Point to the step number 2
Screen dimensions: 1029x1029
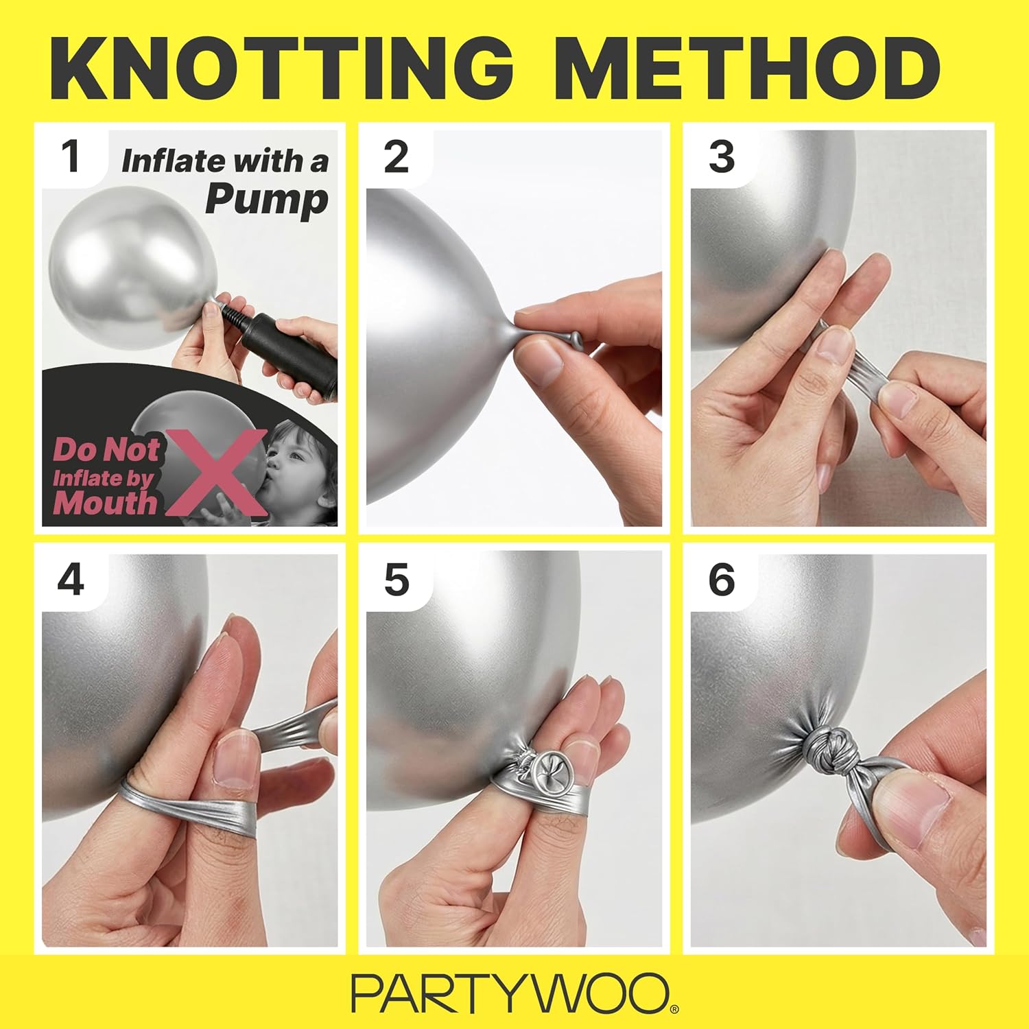[x=397, y=156]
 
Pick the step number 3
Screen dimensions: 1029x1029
[x=722, y=156]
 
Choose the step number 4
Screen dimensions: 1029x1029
[x=71, y=580]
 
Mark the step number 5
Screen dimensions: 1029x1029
[x=397, y=580]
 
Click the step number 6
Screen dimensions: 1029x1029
[x=722, y=580]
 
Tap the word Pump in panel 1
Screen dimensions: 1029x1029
[x=267, y=200]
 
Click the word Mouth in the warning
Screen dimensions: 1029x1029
[x=105, y=503]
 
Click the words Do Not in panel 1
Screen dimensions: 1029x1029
[x=106, y=451]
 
